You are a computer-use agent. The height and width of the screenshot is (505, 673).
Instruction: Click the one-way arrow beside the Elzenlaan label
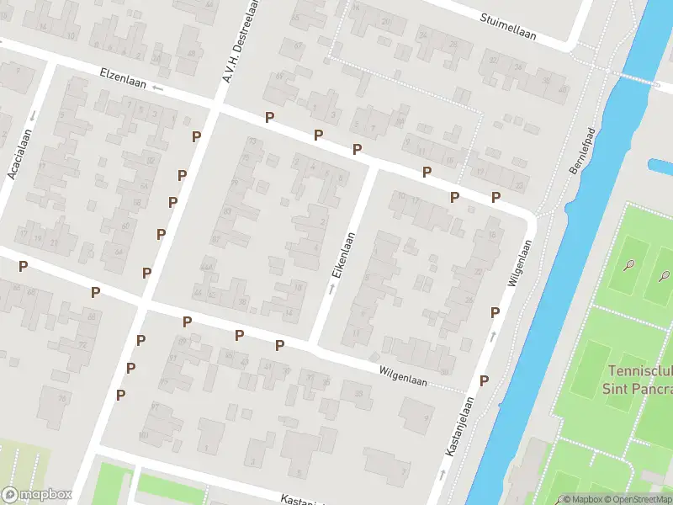tap(157, 88)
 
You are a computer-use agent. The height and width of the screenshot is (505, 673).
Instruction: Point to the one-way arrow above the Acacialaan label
tap(31, 114)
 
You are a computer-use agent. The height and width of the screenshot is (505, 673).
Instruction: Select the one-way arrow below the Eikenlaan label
tap(331, 289)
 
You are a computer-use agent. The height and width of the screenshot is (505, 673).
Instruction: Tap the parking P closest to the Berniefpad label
tap(496, 198)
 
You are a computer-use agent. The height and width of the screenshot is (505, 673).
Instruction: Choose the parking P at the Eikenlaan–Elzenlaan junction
tap(358, 150)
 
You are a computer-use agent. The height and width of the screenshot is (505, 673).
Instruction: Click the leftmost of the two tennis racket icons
tap(629, 265)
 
